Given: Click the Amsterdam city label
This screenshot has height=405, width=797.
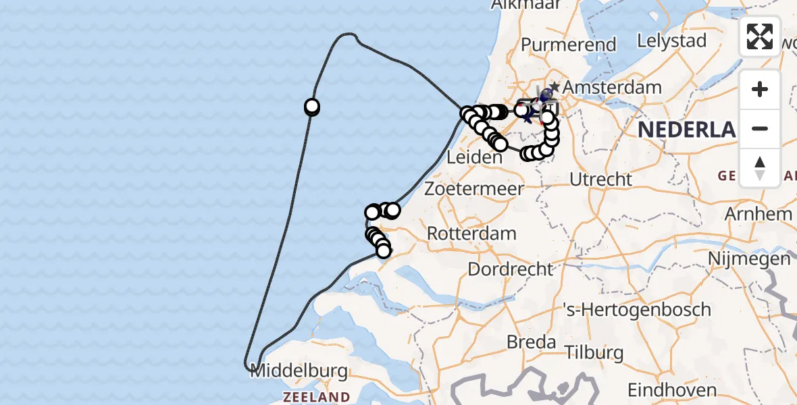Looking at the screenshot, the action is click(612, 87).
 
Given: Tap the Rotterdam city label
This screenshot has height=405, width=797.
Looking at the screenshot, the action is click(472, 234).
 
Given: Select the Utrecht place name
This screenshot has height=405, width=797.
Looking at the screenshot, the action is click(600, 180).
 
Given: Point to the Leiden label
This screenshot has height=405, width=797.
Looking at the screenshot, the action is click(475, 158).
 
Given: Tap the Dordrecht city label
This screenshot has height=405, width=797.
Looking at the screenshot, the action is click(510, 269).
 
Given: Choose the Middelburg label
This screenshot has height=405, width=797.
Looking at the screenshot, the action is click(299, 371).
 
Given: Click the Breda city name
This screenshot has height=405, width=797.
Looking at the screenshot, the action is click(531, 342).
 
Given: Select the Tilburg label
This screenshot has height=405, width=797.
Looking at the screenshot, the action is click(594, 352).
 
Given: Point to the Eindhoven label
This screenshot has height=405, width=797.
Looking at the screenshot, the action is click(671, 390).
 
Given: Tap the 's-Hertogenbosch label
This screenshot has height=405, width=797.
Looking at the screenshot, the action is click(637, 310).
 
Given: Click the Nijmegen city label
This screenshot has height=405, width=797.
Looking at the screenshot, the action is click(749, 259).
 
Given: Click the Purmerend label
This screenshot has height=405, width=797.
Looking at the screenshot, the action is click(569, 45).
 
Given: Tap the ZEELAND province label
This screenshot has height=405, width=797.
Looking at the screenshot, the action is click(316, 396).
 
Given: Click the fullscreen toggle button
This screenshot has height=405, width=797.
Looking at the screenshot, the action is click(760, 36).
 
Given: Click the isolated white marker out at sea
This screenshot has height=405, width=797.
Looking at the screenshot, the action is click(312, 106).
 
